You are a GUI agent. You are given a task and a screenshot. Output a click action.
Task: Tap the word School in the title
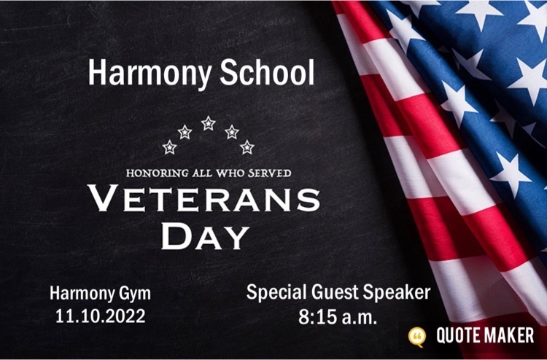coord(267,72)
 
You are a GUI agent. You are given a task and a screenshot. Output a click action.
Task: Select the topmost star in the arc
coord(209,123)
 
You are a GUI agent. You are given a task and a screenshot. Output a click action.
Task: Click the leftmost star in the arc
coord(169,147)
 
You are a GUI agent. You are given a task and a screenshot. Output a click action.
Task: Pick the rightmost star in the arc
coord(247,147)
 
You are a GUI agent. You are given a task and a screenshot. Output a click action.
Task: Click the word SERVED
coord(270,173)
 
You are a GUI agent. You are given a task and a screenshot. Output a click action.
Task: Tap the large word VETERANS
coord(203,198)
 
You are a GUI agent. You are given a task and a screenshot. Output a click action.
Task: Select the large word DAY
coord(205,237)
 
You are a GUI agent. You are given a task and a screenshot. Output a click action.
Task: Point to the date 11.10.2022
coord(101,316)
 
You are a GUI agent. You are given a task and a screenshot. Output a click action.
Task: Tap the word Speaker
coord(397,293)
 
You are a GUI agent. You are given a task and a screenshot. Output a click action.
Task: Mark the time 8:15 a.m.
coord(338,317)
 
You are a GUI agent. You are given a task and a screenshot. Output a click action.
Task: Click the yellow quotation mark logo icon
coord(417,337)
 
